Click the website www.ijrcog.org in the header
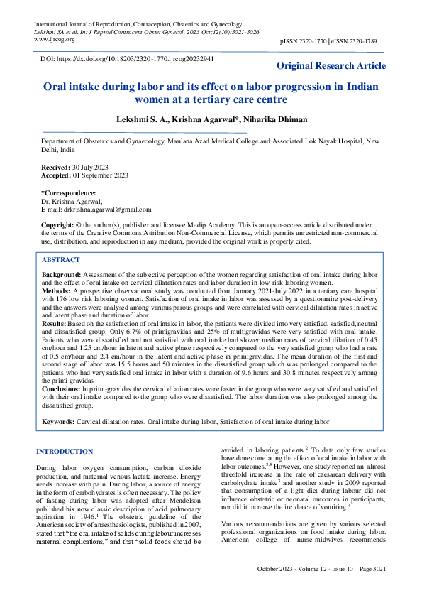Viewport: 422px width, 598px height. click(55, 40)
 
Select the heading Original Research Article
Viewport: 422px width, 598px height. click(331, 66)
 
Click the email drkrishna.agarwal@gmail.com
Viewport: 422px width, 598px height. click(107, 210)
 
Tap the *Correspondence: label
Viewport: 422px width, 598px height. click(68, 192)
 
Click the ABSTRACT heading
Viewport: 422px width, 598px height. click(62, 261)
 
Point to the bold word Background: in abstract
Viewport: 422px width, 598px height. click(62, 274)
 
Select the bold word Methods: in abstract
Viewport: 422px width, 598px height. click(56, 291)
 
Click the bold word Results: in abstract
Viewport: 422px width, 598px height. click(55, 323)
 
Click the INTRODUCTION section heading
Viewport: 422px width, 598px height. click(65, 452)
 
